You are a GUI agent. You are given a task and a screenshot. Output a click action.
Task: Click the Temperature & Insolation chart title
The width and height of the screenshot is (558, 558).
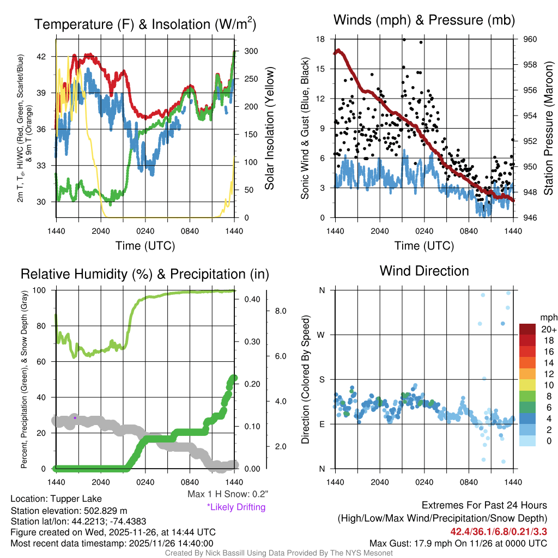point(145,25)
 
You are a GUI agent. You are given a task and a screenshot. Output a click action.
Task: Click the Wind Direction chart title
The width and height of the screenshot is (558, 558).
point(424,271)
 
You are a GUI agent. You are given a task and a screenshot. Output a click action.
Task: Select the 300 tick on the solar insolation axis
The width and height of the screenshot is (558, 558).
point(245,51)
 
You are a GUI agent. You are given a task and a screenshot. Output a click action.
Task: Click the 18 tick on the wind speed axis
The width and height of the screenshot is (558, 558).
point(321,39)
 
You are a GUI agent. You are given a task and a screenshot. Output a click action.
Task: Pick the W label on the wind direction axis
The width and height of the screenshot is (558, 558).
point(322,335)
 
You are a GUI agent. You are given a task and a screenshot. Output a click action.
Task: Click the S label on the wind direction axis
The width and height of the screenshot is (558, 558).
point(322,379)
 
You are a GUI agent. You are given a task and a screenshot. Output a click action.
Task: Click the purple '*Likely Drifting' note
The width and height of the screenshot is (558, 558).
point(236,507)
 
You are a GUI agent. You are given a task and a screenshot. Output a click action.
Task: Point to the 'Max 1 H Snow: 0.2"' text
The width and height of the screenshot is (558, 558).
point(228,494)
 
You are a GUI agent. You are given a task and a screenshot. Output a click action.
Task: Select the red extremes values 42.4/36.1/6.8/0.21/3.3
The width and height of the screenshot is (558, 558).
point(498,531)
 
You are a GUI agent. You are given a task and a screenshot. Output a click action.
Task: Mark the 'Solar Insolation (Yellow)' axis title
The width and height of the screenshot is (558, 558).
point(270,129)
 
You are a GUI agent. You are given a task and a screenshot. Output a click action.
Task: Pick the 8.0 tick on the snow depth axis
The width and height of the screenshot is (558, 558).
point(280,311)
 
